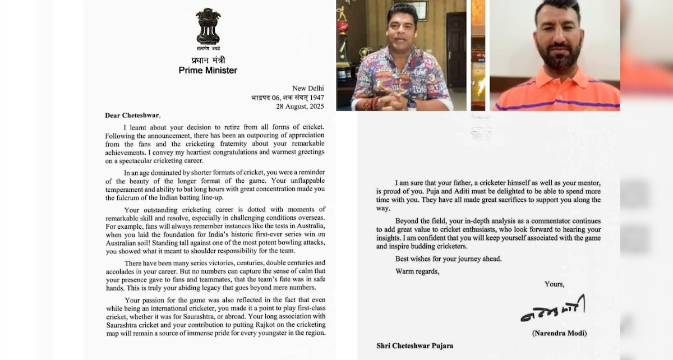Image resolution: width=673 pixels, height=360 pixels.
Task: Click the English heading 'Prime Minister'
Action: (208, 70)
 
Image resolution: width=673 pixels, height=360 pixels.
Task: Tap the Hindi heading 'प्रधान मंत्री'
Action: (208, 59)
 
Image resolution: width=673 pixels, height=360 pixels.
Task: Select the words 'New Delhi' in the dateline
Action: (308, 88)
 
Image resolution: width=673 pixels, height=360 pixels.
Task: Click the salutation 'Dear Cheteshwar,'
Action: (132, 116)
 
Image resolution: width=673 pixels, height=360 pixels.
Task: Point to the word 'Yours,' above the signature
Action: (555, 284)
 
